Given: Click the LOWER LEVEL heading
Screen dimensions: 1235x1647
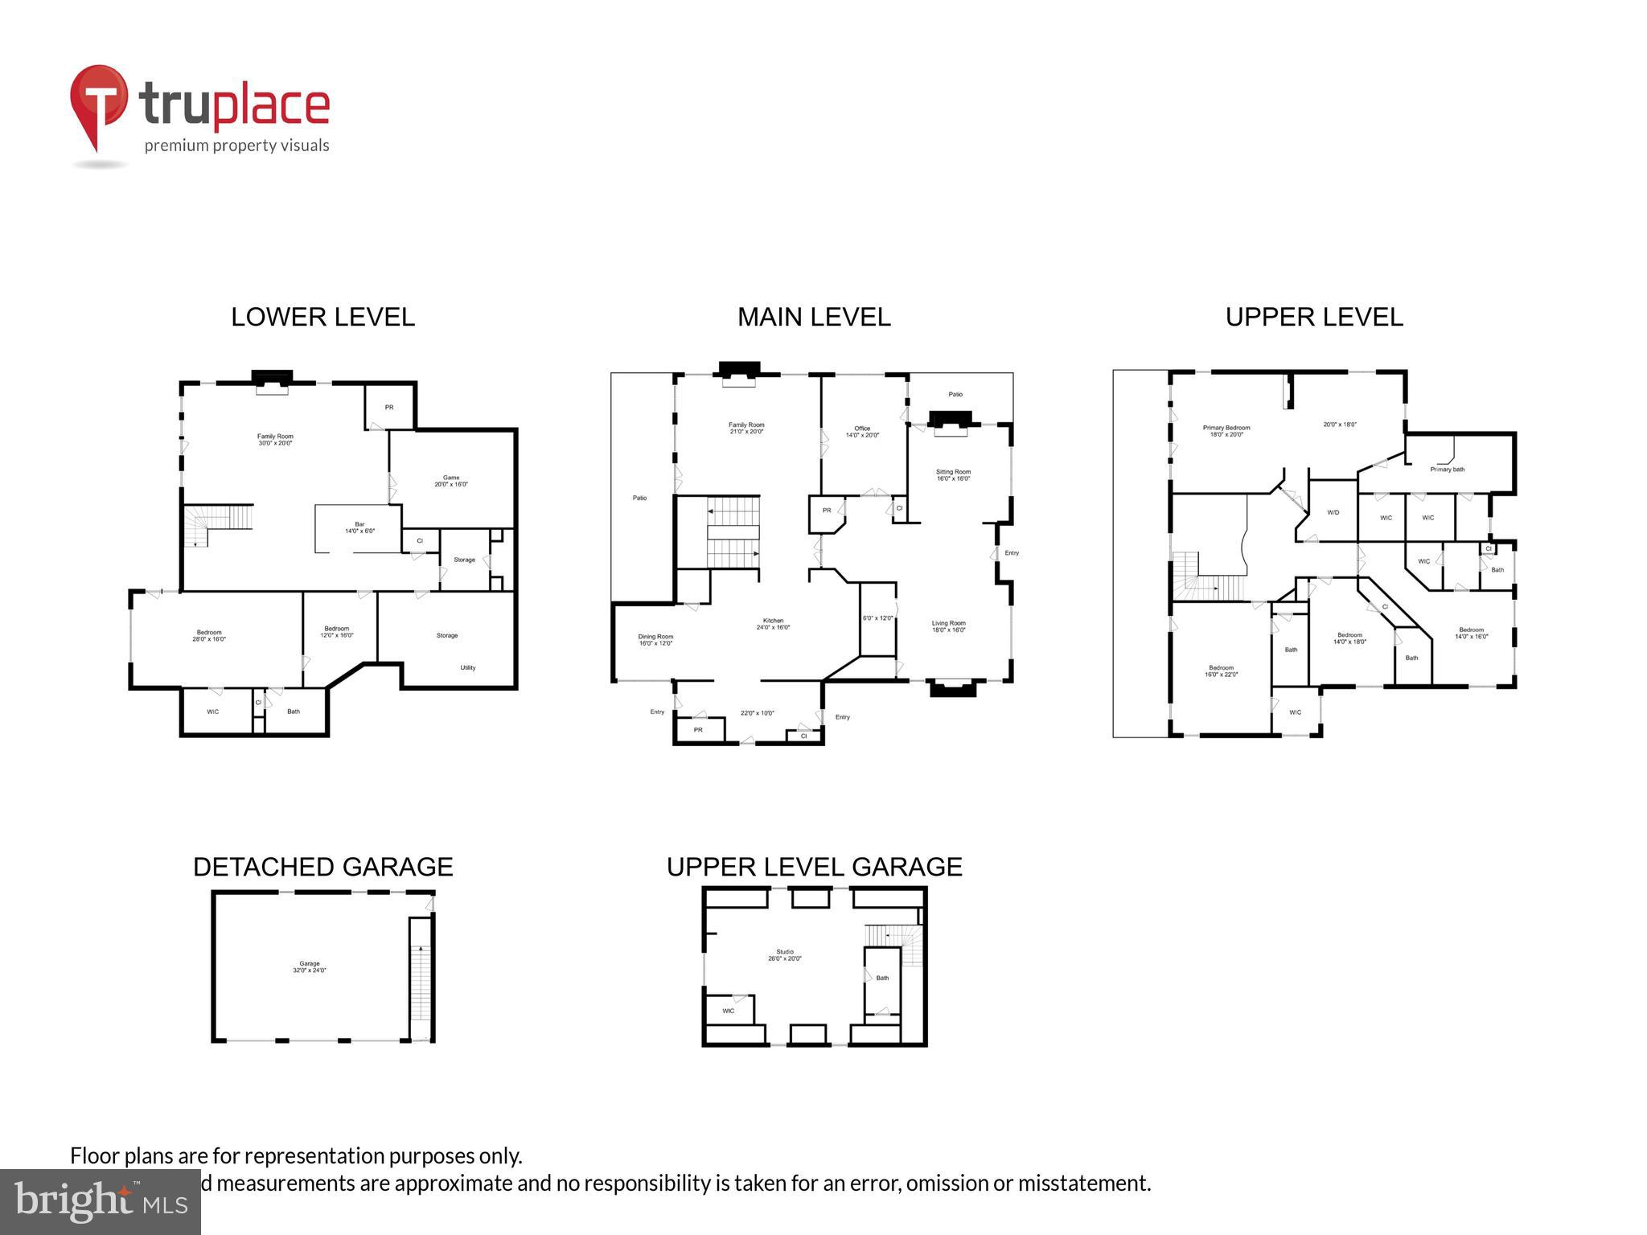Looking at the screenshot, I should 322,317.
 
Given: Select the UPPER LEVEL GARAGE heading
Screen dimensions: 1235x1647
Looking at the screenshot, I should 814,867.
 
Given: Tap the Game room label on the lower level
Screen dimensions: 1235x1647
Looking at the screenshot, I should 450,481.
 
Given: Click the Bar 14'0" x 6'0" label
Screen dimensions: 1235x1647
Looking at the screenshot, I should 359,527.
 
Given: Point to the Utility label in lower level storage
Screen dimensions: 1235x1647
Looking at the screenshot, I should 468,667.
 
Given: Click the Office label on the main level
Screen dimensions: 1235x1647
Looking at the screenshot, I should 862,432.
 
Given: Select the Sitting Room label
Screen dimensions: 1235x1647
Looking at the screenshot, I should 953,475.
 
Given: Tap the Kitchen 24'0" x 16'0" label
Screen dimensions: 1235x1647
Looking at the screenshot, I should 773,624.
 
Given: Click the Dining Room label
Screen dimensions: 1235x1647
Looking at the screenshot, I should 655,639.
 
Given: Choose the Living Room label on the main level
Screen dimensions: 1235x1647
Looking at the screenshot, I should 948,626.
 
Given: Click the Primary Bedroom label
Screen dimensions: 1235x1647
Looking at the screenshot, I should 1226,431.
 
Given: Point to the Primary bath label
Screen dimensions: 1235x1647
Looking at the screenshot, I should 1447,470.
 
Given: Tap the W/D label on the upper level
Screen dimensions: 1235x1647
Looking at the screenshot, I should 1333,512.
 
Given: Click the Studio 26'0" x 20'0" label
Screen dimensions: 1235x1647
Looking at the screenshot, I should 784,955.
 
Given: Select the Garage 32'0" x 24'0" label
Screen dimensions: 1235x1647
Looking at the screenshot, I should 310,966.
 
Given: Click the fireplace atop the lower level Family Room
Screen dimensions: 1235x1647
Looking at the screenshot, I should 272,381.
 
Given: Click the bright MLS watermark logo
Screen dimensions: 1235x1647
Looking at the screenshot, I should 101,1201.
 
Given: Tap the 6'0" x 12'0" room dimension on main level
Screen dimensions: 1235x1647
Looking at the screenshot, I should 877,618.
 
